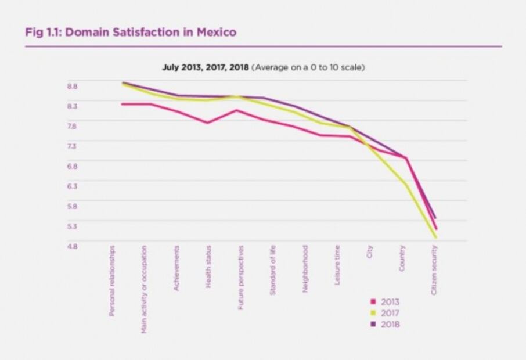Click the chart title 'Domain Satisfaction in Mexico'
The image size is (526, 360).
pyautogui.click(x=150, y=33)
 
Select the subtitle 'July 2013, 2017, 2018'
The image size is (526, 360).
pyautogui.click(x=205, y=67)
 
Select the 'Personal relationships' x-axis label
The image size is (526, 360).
pyautogui.click(x=113, y=280)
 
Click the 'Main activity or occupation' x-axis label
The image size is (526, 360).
pyautogui.click(x=145, y=289)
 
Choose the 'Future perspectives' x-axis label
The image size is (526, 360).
pyautogui.click(x=241, y=277)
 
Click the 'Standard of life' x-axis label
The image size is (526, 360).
pyautogui.click(x=273, y=270)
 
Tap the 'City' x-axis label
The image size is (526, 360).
pyautogui.click(x=370, y=252)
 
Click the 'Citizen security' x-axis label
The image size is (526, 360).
pyautogui.click(x=434, y=270)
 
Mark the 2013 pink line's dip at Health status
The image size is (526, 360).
pyautogui.click(x=208, y=123)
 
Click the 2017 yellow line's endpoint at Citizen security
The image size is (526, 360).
pyautogui.click(x=435, y=237)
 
